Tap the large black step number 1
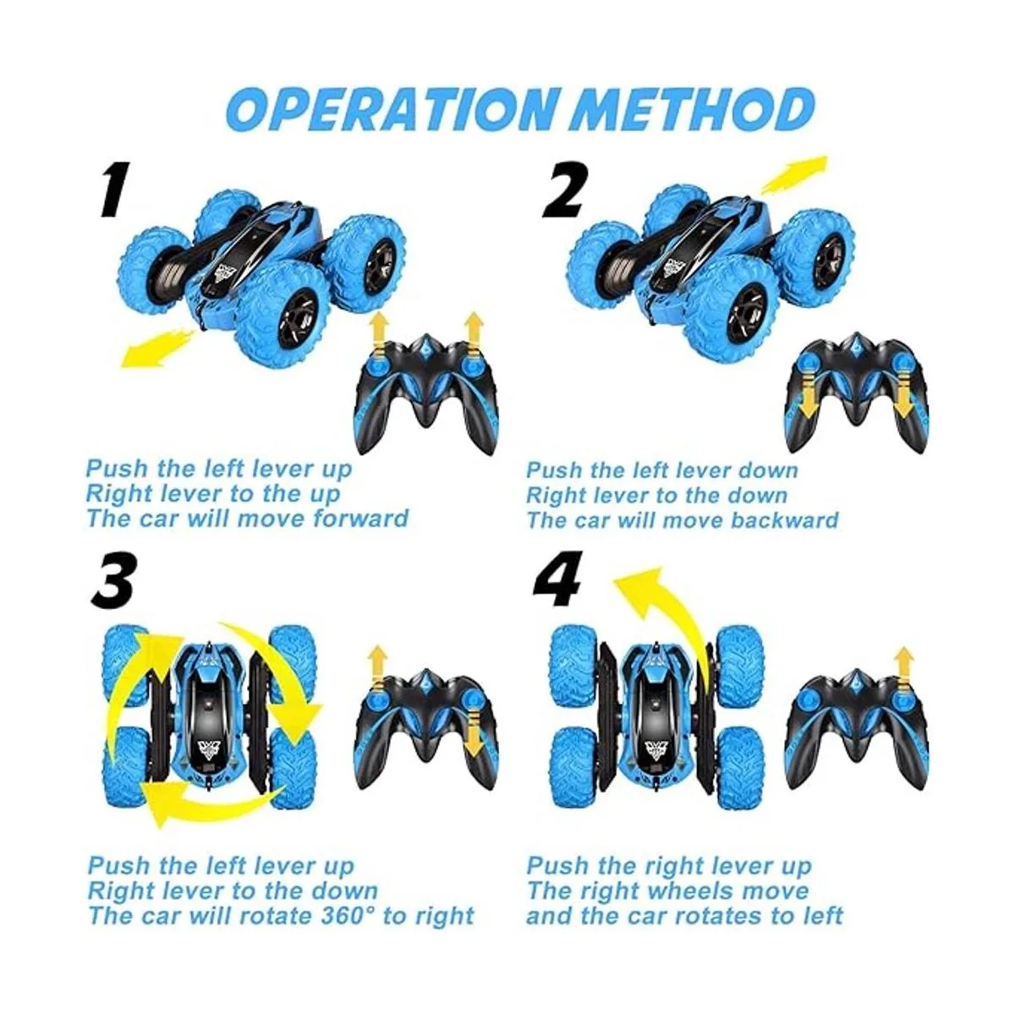click(x=115, y=189)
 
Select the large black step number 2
click(x=563, y=189)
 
